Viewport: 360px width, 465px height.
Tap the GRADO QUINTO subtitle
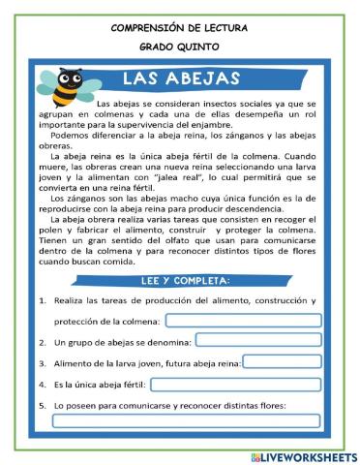179,46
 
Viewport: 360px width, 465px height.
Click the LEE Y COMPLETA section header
181,281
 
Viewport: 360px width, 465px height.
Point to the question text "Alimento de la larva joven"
106,363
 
